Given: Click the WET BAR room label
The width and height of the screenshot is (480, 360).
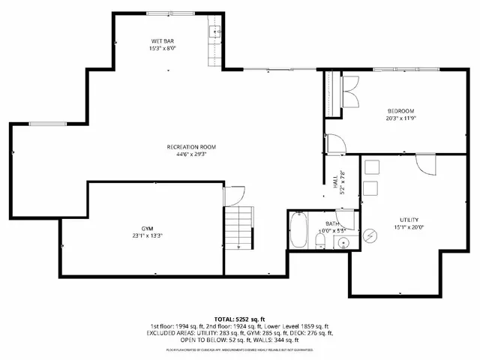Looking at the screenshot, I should coord(163,40).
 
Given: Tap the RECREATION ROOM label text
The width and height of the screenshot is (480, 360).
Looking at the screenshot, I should coord(191,146).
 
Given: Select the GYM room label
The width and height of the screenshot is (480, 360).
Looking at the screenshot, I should coord(147,227).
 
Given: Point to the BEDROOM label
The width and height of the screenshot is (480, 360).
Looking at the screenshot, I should coord(401,111).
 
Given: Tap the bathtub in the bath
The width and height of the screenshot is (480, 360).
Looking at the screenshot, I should coord(297,231).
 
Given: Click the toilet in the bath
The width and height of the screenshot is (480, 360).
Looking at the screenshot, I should coord(319,240).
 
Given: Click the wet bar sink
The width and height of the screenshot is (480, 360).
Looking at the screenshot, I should coord(214,31).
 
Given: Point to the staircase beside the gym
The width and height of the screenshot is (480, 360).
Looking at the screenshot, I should coord(238,229).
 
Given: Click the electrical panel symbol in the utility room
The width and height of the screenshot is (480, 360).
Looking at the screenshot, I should coord(370,235).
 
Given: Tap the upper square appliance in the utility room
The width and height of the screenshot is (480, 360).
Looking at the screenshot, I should coord(370,167).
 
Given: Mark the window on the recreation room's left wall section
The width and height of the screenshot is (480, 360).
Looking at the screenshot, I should coord(41,123).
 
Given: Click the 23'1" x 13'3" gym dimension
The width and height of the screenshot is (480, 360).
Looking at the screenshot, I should coord(147,235).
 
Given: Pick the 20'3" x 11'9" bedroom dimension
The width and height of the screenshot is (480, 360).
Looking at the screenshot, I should coord(401,118).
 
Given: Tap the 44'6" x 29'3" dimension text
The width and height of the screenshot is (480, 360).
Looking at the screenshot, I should coord(191,154).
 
